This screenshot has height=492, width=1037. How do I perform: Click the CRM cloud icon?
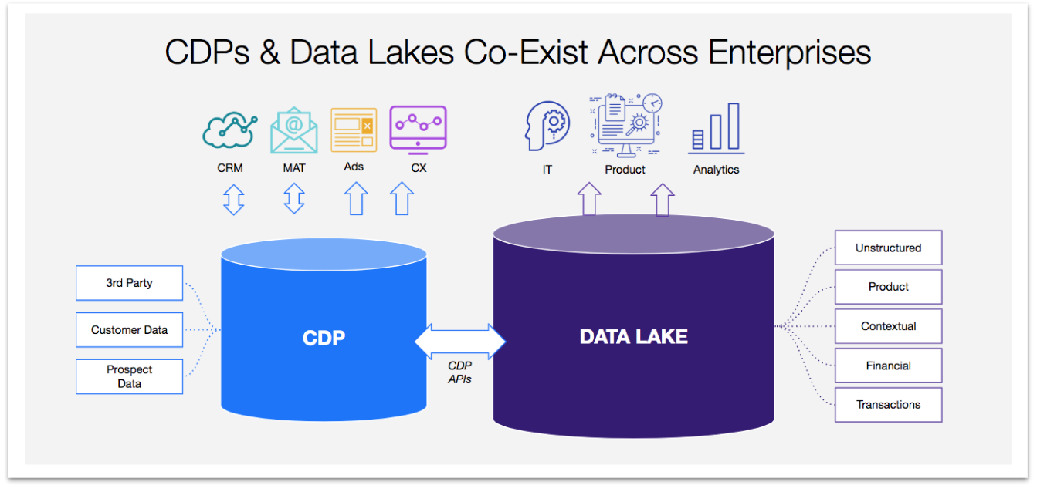(229, 131)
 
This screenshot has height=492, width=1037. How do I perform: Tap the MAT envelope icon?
(293, 131)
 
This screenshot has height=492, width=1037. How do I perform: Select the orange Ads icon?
(354, 130)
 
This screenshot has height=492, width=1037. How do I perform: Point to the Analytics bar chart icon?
(716, 128)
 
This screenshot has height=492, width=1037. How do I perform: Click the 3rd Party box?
(129, 283)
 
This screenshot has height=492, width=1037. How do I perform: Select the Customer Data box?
(129, 330)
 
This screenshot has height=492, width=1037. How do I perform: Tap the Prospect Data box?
(129, 376)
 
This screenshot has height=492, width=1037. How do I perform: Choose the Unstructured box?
(888, 248)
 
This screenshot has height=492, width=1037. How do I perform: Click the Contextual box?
(888, 326)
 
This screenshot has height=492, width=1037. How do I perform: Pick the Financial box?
(888, 366)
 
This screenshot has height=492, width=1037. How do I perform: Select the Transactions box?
(888, 405)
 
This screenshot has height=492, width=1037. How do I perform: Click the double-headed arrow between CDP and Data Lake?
(460, 340)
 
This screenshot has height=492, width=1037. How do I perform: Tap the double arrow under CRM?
(233, 199)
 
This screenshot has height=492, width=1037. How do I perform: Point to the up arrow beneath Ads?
(355, 199)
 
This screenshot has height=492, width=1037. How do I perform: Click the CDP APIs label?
(459, 372)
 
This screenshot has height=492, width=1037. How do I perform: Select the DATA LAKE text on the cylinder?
(633, 336)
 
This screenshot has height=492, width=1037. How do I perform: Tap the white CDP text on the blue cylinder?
(324, 337)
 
